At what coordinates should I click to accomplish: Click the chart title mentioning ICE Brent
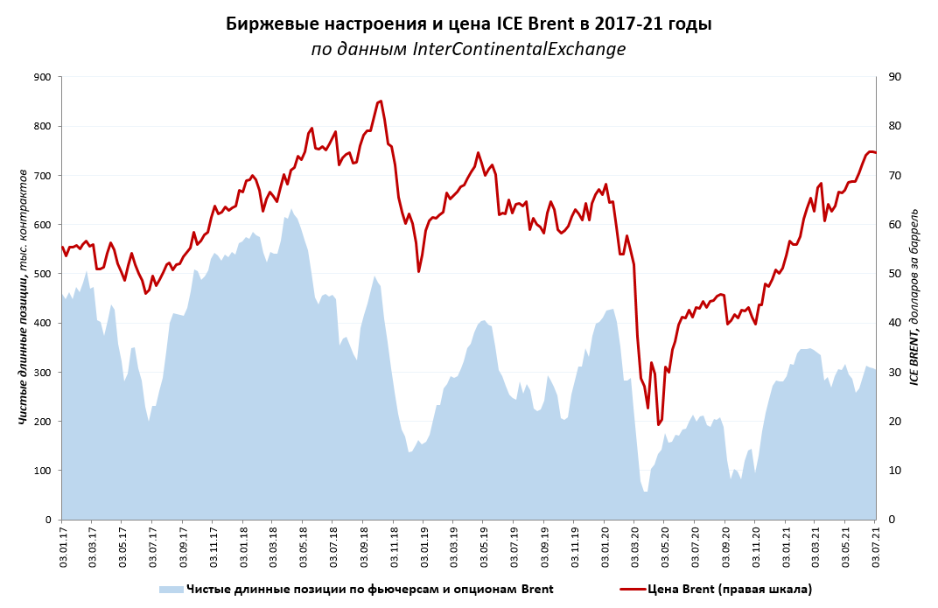[x=468, y=24]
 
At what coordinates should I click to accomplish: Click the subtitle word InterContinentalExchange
[x=519, y=49]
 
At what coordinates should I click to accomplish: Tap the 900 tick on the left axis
[x=41, y=77]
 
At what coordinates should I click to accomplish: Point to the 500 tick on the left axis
[x=41, y=274]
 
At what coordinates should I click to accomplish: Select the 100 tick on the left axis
[x=41, y=471]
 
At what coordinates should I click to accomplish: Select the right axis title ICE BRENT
[x=913, y=297]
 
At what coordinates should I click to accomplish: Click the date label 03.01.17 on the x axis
[x=62, y=546]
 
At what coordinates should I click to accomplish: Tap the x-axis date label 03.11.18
[x=394, y=546]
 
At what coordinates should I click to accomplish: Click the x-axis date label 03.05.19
[x=484, y=546]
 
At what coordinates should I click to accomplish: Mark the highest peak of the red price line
[x=381, y=101]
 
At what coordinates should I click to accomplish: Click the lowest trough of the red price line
[x=658, y=425]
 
